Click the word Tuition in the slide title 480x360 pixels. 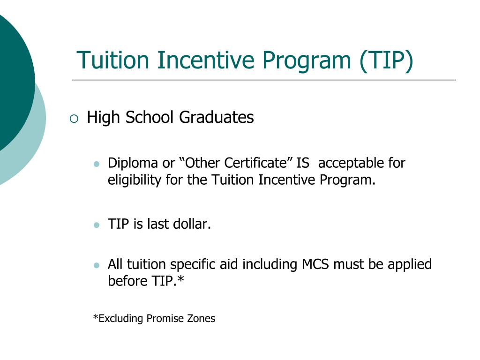(113, 60)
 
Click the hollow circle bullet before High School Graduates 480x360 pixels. (74, 119)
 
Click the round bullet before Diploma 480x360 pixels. (97, 164)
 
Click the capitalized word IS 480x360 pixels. (303, 163)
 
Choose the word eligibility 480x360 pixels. (134, 180)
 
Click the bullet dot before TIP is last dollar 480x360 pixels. (97, 225)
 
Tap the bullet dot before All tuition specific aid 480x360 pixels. (97, 265)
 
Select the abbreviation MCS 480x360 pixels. (315, 264)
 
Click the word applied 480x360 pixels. (409, 265)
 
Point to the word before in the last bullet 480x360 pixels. (123, 281)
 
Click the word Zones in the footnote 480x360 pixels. (201, 319)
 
